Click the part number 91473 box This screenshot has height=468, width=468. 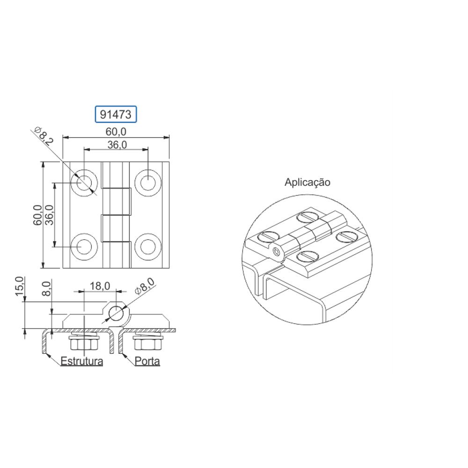[x=116, y=114]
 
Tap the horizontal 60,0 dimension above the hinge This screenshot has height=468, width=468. [x=116, y=132]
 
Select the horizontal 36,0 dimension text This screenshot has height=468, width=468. [x=117, y=145]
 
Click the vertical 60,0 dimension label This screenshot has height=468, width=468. [x=38, y=215]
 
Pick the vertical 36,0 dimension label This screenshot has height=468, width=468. [x=50, y=215]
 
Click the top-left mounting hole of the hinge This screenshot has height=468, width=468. [x=84, y=183]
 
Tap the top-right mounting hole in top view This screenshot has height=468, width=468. [x=148, y=183]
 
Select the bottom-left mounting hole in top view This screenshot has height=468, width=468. [x=84, y=247]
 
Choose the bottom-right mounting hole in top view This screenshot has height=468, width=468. [x=148, y=247]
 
